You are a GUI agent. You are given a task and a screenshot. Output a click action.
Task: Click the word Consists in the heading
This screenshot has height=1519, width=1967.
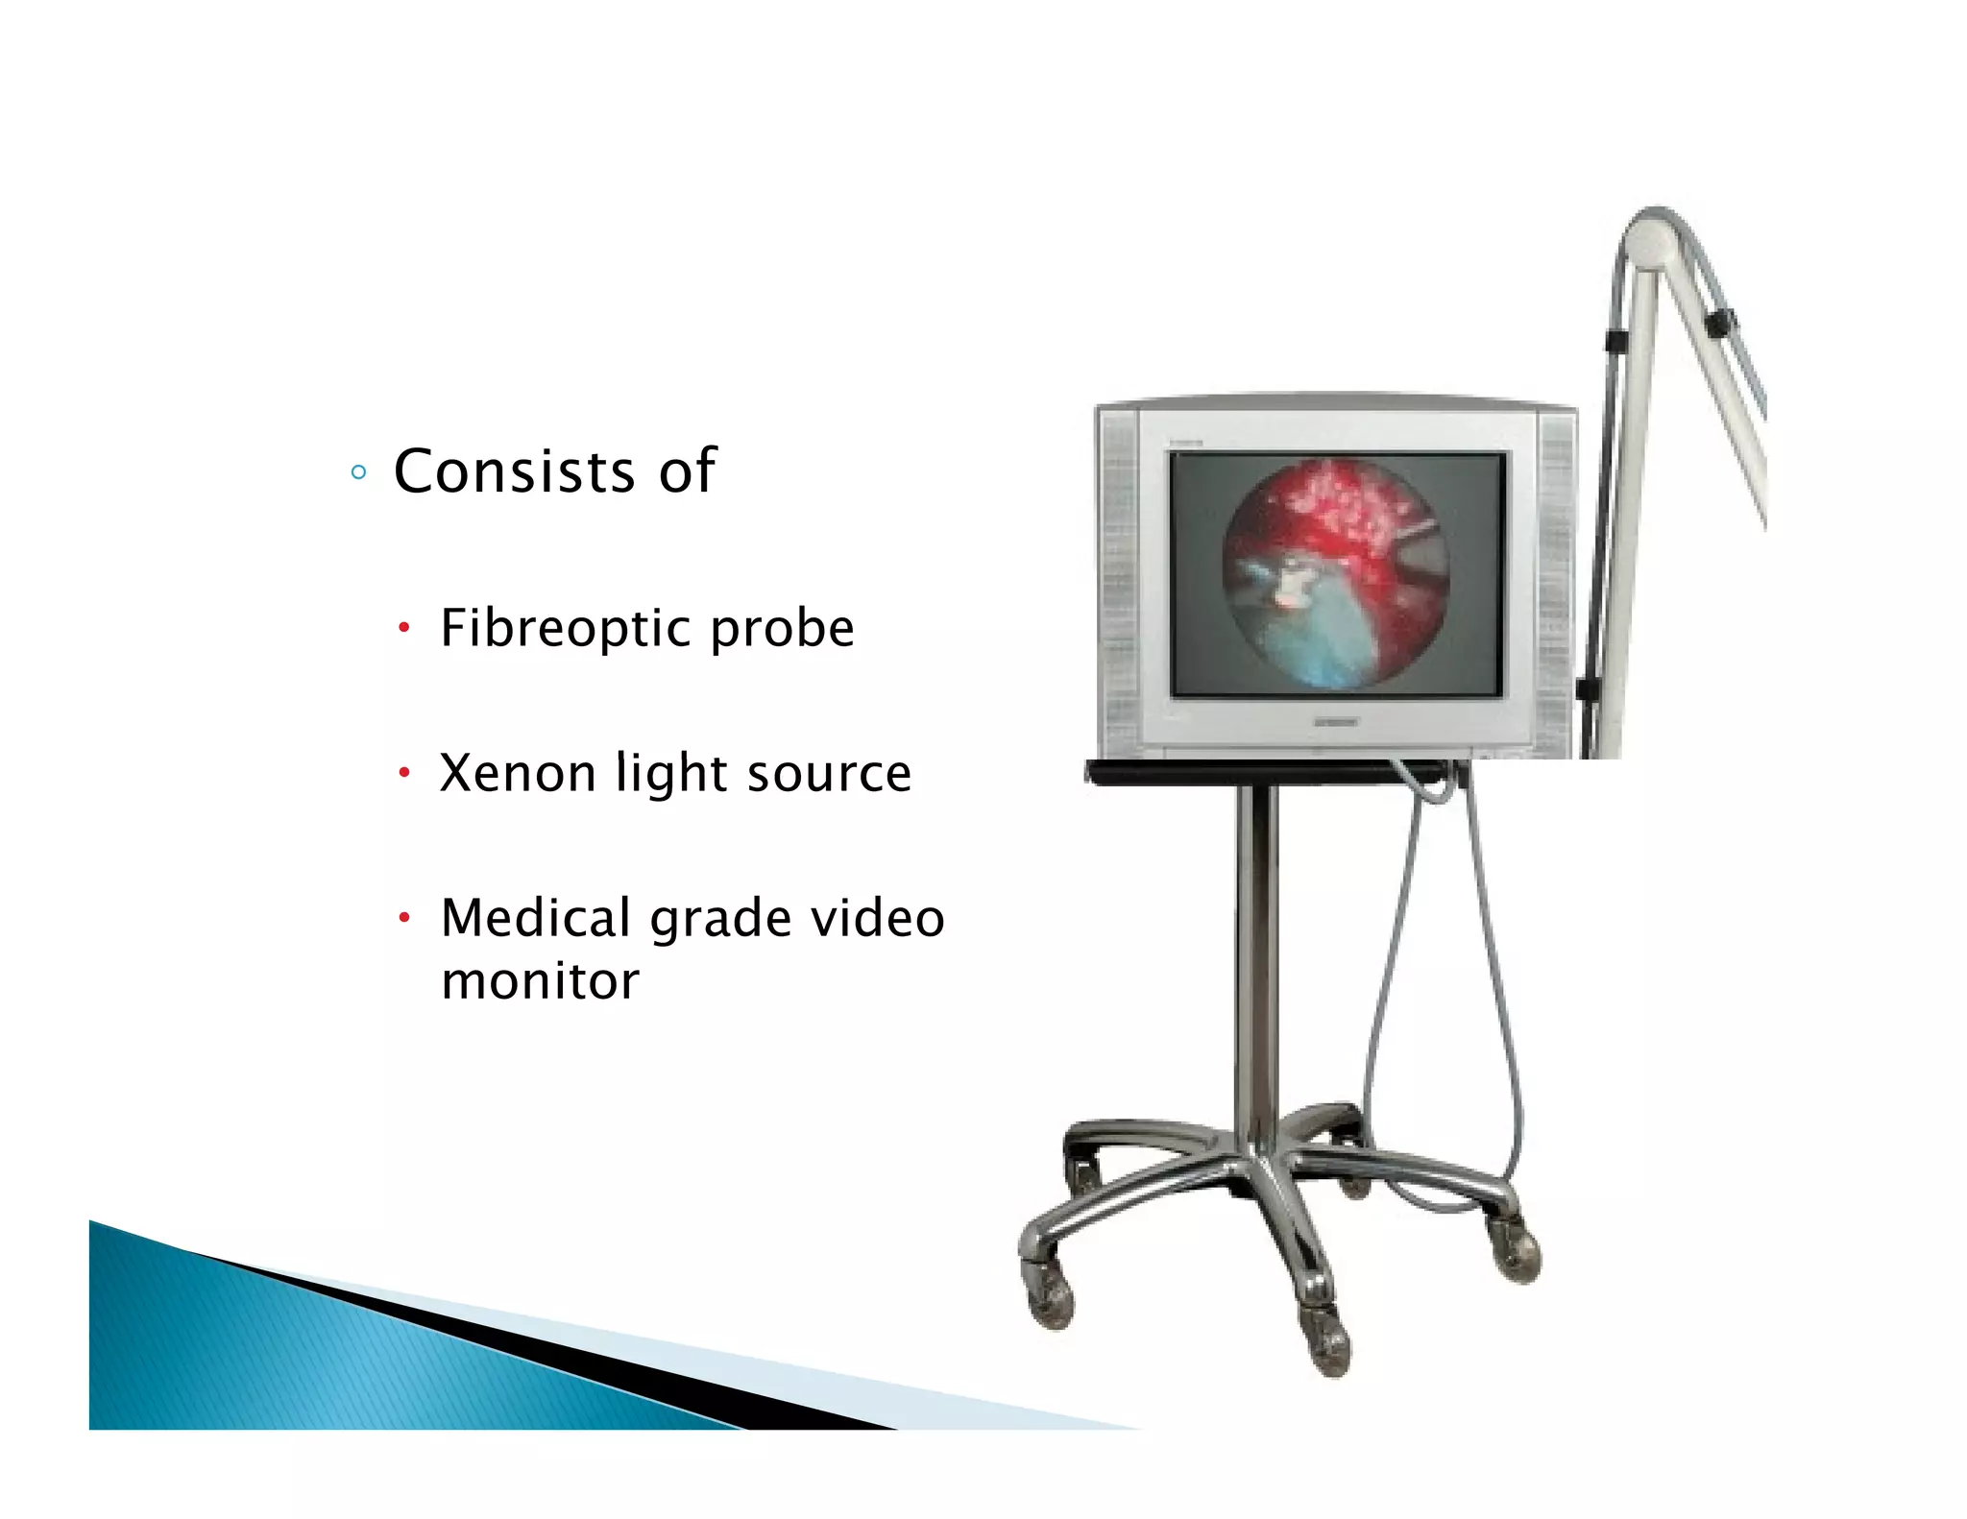(515, 471)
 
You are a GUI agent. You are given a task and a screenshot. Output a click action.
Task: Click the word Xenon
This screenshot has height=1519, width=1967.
(517, 773)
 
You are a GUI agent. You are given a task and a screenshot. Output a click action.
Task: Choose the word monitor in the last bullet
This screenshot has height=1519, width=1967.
(540, 981)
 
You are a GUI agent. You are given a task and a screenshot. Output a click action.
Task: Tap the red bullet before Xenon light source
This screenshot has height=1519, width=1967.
(405, 773)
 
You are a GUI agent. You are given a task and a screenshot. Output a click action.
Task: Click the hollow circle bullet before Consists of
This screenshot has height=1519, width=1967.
(358, 472)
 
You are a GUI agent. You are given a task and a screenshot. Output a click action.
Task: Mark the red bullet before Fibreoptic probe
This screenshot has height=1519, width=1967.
(405, 630)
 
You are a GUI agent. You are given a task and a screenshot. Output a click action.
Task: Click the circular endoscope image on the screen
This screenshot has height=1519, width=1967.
(1335, 573)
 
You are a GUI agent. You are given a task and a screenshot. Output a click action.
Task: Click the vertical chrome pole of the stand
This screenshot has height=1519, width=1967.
(1256, 960)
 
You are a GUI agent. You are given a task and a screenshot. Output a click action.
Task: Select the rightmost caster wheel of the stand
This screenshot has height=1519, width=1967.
(1518, 1253)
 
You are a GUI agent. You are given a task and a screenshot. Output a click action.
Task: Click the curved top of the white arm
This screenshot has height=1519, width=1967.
(1654, 230)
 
